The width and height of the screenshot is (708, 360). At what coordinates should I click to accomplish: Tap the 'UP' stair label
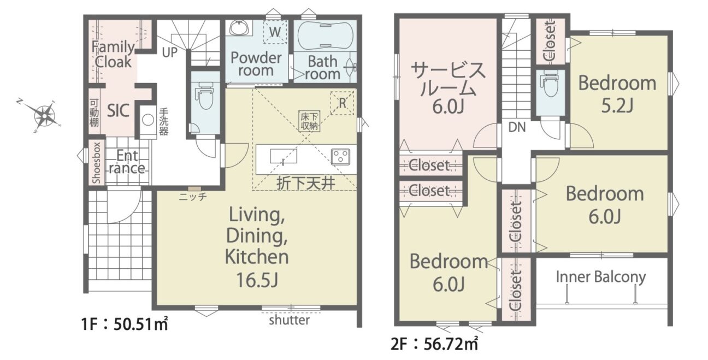click(170, 52)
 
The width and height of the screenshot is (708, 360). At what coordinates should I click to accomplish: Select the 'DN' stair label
click(517, 127)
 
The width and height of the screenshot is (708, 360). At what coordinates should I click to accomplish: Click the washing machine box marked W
click(275, 32)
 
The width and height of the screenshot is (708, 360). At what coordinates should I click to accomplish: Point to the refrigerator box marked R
click(343, 103)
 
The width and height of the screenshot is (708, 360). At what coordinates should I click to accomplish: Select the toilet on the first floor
click(205, 95)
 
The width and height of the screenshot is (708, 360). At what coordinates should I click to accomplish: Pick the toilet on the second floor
click(550, 84)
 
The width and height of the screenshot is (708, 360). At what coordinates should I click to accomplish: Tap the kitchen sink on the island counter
click(284, 156)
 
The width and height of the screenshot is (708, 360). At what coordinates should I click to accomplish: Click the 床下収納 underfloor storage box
click(309, 121)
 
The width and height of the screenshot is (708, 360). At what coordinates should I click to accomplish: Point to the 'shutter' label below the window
click(289, 320)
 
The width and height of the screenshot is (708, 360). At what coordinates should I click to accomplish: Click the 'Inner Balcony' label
click(600, 277)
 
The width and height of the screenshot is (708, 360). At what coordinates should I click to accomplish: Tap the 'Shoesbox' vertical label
click(96, 163)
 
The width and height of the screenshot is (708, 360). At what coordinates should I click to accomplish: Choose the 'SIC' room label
click(118, 111)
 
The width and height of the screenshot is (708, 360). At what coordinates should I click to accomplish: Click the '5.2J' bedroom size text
click(617, 106)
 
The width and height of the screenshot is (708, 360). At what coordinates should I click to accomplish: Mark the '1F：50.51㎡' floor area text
click(125, 324)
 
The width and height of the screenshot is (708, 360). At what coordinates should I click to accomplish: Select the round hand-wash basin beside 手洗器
click(147, 120)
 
